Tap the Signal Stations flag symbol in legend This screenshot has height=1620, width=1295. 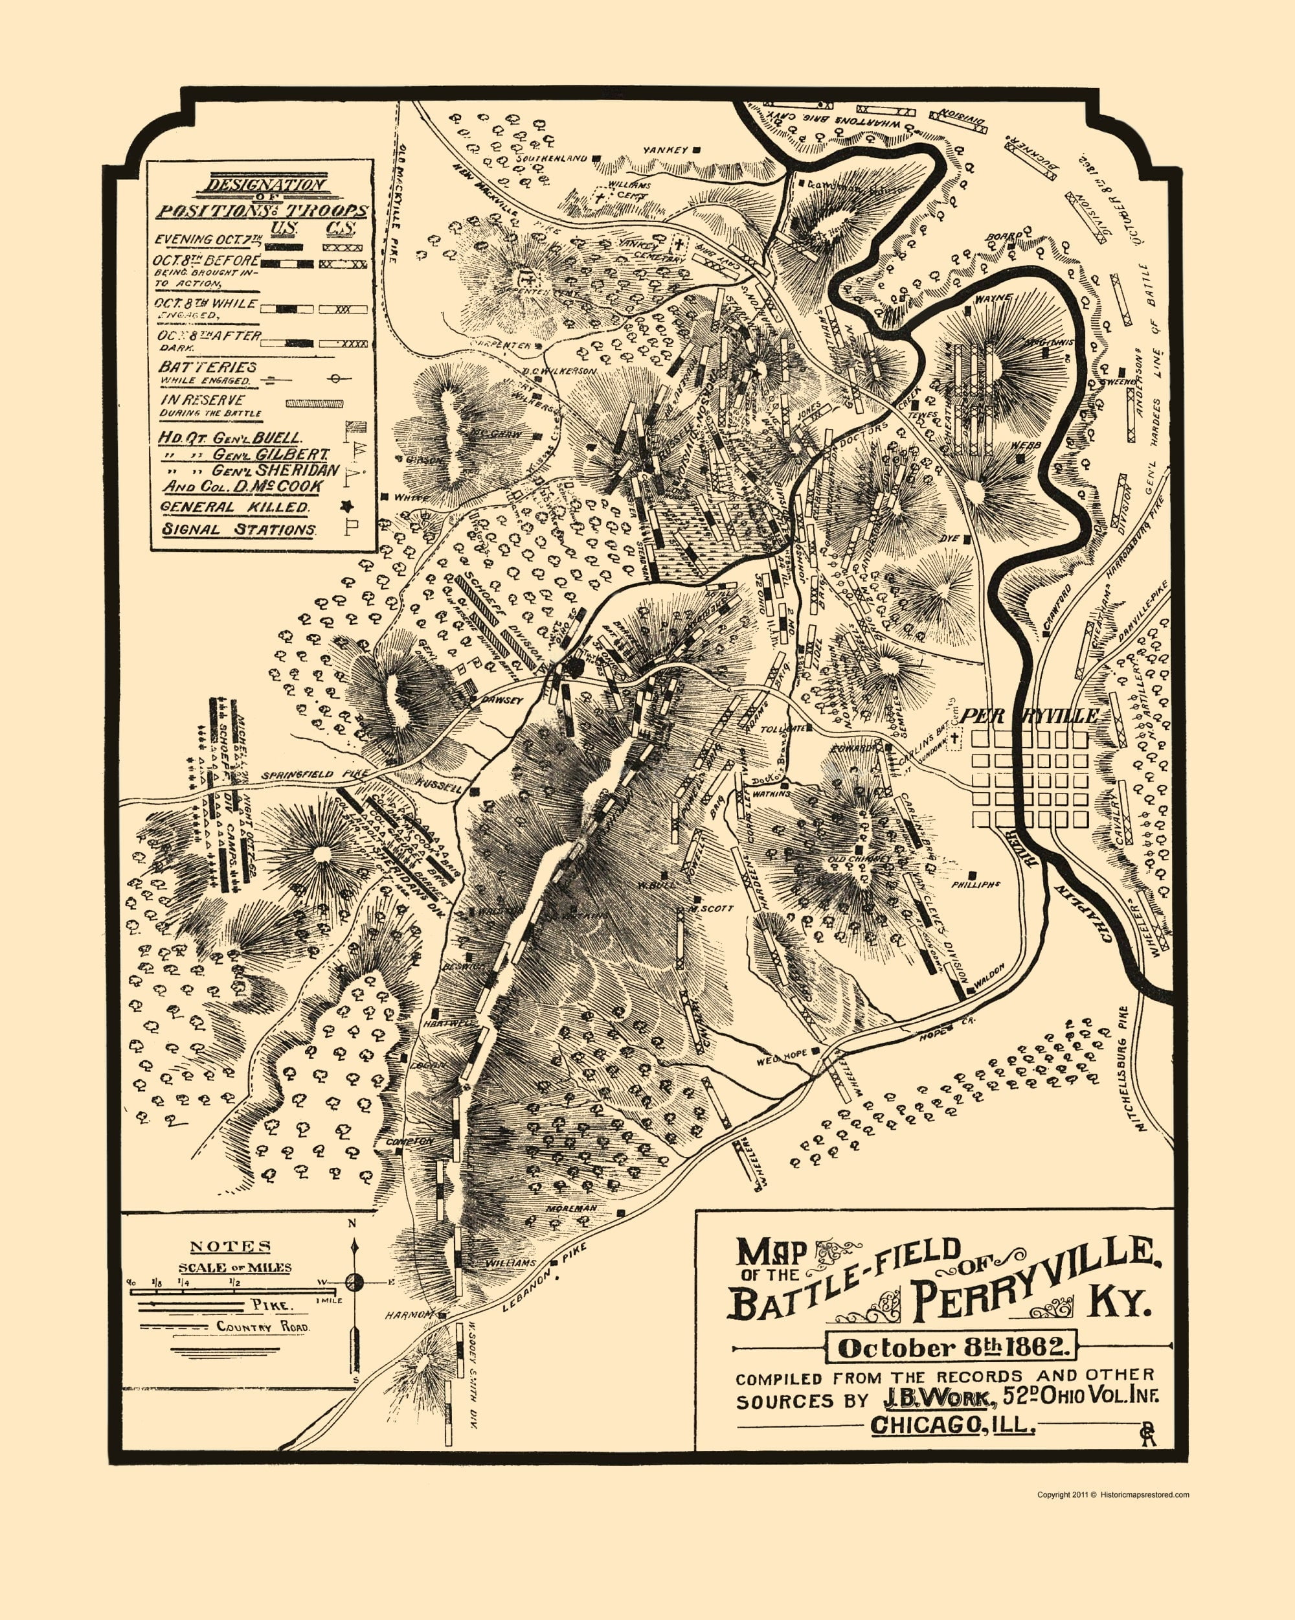click(x=348, y=527)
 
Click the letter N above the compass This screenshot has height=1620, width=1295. click(x=351, y=1244)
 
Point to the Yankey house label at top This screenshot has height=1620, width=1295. click(x=666, y=150)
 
